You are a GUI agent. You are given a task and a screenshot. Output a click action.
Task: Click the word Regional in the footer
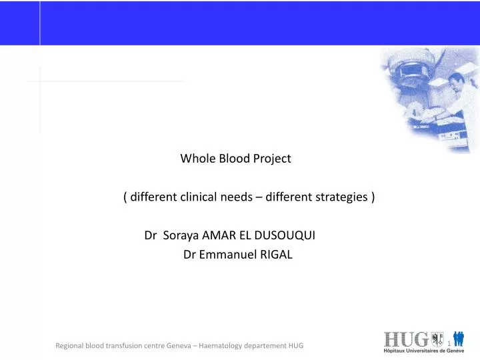pyautogui.click(x=72, y=345)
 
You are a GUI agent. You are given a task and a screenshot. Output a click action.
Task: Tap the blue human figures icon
pyautogui.click(x=459, y=339)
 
